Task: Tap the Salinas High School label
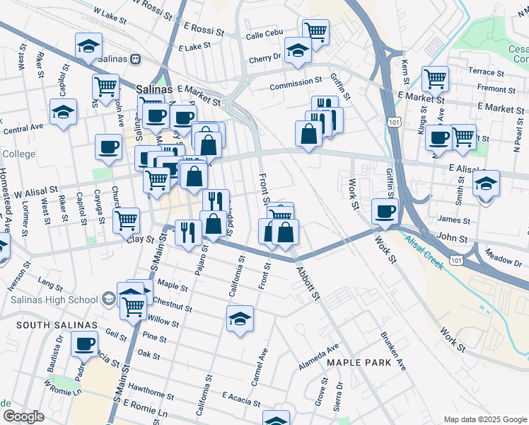click(x=54, y=300)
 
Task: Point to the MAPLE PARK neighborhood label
click(x=354, y=363)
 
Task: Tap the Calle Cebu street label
click(x=264, y=36)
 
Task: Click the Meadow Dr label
click(x=504, y=259)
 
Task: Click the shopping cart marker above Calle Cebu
click(x=315, y=30)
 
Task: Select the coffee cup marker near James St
click(x=385, y=210)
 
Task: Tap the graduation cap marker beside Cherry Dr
click(x=298, y=50)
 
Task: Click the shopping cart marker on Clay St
click(x=126, y=220)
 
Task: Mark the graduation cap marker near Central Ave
click(x=63, y=112)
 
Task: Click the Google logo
click(x=23, y=416)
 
